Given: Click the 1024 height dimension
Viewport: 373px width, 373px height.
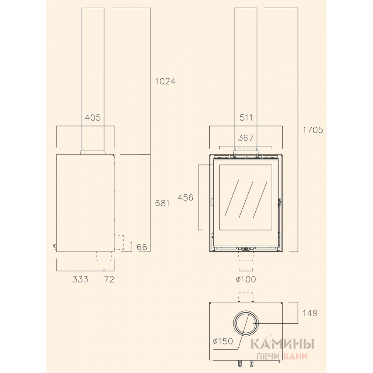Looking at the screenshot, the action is [165, 81].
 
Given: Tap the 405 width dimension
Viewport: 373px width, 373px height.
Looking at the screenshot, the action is [93, 118].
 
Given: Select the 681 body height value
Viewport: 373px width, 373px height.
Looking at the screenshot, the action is [162, 203].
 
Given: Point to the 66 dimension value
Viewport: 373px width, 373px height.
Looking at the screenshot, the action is [142, 247].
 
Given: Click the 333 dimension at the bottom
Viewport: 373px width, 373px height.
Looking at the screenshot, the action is [80, 279].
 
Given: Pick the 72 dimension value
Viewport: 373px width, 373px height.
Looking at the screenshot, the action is [109, 279].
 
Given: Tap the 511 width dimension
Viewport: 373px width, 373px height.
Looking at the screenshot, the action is [246, 118].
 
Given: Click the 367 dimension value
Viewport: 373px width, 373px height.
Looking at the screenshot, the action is [246, 138].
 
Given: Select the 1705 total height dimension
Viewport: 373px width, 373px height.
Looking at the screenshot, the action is [313, 130].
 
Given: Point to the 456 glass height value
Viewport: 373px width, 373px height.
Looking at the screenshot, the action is [186, 197].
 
